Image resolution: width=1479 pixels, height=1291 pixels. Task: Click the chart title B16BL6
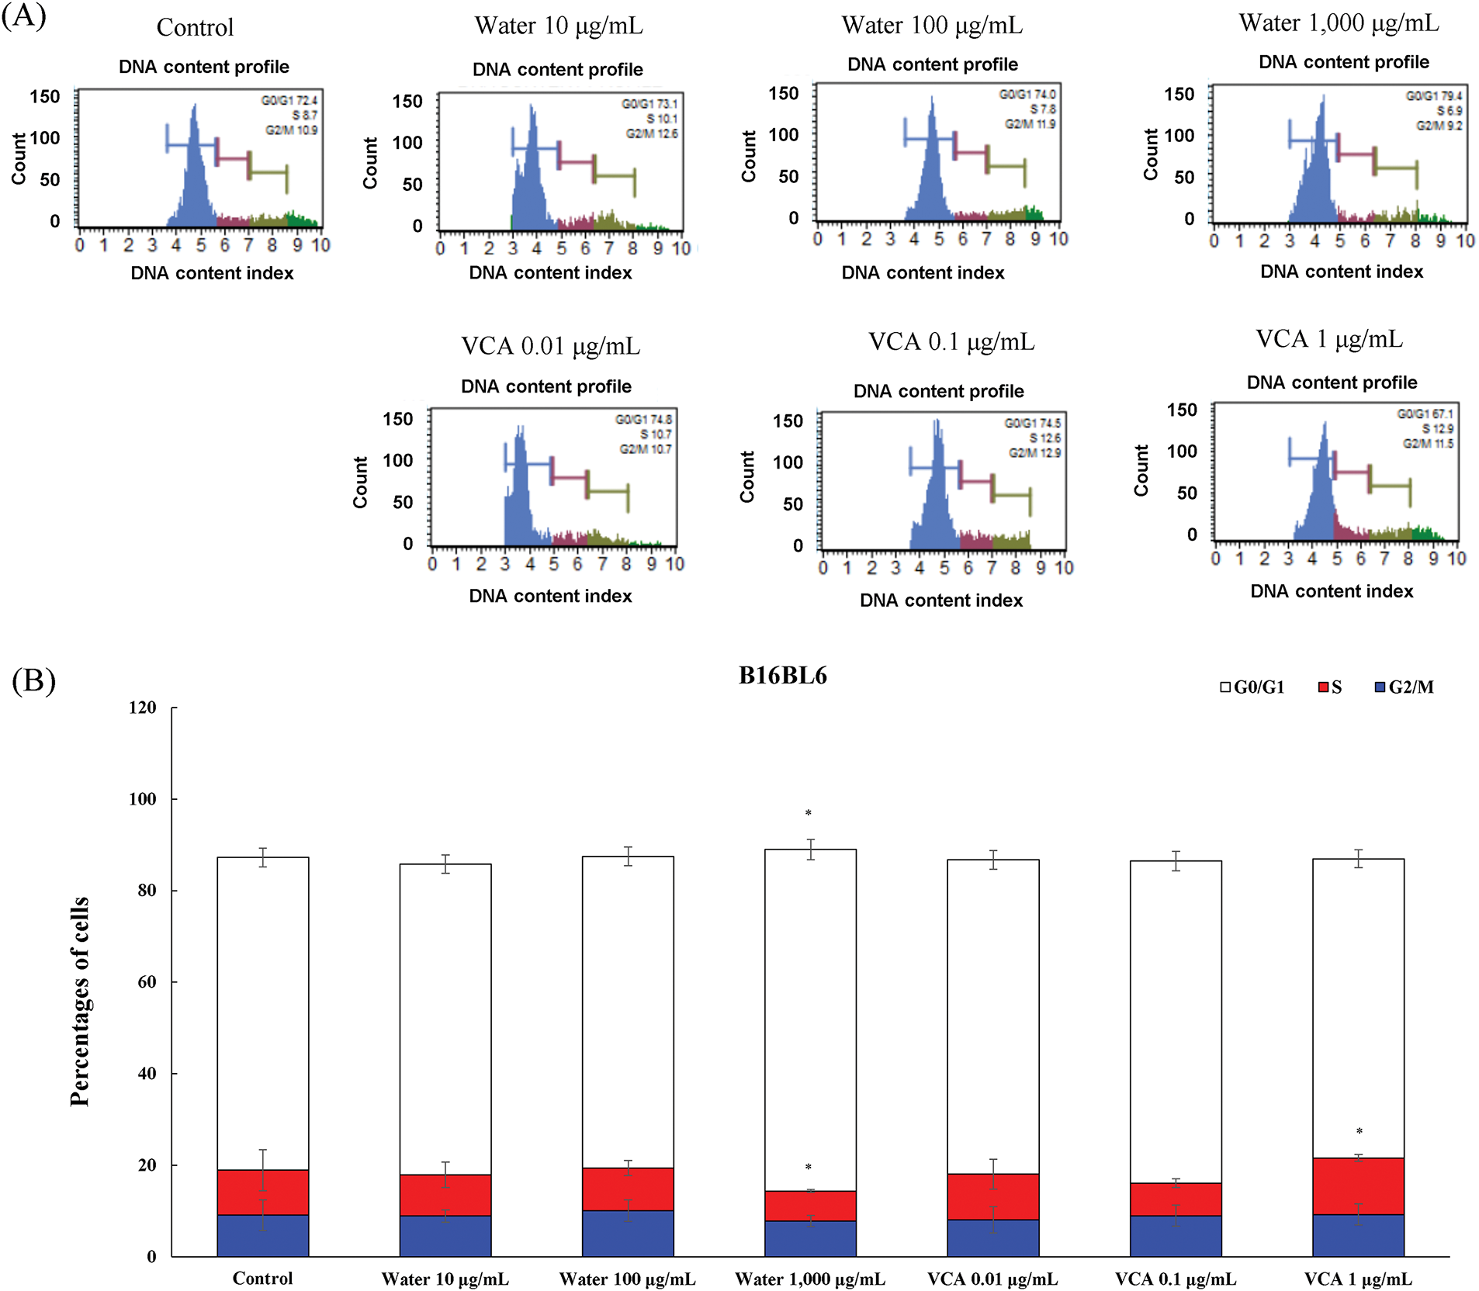(782, 676)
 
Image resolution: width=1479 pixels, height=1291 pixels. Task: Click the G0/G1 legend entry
(1252, 687)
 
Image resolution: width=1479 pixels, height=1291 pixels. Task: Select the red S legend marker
(1324, 687)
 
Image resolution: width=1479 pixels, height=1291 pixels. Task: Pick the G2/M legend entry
(1404, 687)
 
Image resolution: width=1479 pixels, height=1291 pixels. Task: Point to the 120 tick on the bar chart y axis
(143, 708)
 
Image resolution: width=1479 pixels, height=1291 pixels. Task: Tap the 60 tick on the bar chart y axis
(147, 982)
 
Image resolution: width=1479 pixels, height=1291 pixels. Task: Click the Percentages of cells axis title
(80, 1001)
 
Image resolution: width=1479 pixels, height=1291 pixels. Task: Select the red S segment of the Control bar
(263, 1192)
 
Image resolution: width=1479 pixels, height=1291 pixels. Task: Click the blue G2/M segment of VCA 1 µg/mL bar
(1358, 1235)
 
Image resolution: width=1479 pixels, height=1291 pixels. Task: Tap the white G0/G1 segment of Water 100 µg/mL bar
(628, 1009)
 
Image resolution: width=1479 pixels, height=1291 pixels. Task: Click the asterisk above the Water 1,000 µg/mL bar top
(809, 814)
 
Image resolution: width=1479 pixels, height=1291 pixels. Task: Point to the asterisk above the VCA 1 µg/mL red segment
(1360, 1132)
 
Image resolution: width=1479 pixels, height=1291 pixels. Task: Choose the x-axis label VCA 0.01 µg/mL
(992, 1279)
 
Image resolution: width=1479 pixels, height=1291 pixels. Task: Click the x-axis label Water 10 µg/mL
(445, 1279)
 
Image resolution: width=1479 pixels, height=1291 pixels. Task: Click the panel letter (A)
(24, 16)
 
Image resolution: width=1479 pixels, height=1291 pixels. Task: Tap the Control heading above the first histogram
(195, 28)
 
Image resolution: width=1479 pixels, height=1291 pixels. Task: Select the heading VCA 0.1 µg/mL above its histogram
(951, 342)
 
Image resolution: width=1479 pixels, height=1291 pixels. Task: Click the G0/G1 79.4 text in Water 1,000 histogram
(1434, 96)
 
